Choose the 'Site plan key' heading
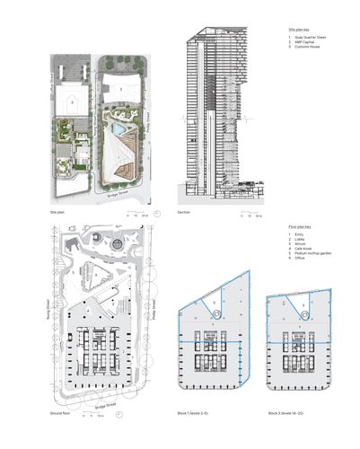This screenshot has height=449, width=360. [x=285, y=30]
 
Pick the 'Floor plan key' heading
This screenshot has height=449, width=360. [x=286, y=230]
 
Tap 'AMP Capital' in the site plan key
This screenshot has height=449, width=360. [x=296, y=42]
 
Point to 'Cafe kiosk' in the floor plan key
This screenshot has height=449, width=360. [x=295, y=251]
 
